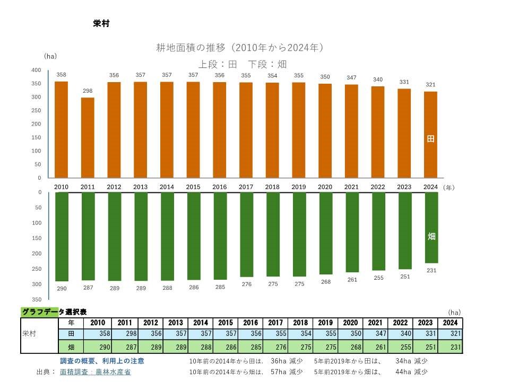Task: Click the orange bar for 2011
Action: click(88, 138)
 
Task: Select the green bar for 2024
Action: click(431, 227)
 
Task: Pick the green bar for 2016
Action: click(220, 236)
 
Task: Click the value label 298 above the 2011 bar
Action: click(88, 91)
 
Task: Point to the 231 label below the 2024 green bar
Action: click(431, 271)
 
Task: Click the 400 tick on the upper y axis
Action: click(36, 70)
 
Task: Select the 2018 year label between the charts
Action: click(272, 187)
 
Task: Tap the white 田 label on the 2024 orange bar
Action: click(431, 139)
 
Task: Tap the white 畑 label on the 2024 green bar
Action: click(431, 236)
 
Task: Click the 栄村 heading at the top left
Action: click(101, 24)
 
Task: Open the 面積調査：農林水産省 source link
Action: click(96, 372)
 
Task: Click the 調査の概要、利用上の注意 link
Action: click(102, 361)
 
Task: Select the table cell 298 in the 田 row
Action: click(125, 334)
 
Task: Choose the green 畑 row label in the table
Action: click(71, 347)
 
